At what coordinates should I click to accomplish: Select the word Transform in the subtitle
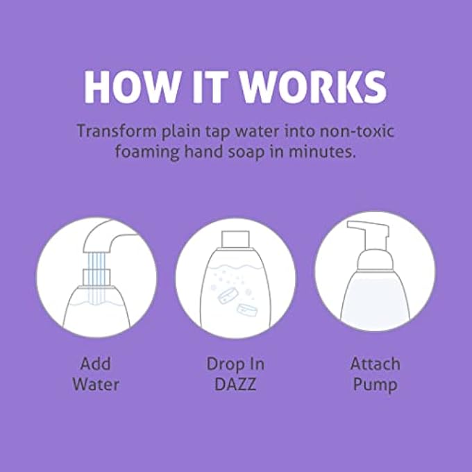[x=113, y=131]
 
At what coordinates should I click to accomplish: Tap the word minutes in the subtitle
[x=326, y=152]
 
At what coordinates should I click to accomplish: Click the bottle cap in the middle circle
[x=235, y=239]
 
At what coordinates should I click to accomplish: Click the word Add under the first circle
[x=95, y=364]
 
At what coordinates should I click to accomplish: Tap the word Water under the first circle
[x=95, y=384]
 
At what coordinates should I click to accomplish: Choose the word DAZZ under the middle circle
[x=235, y=384]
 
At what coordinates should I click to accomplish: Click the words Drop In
[x=235, y=364]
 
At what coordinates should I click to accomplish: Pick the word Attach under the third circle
[x=375, y=364]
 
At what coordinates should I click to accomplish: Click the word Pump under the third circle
[x=375, y=384]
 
